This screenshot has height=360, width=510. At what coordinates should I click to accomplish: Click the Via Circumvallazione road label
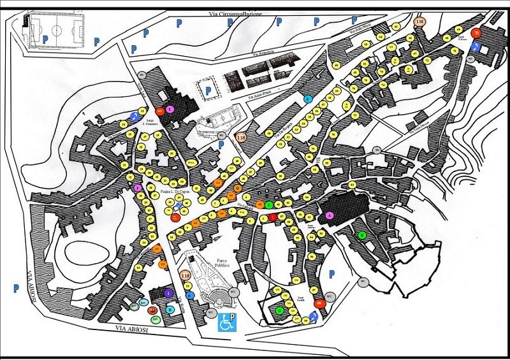pyautogui.click(x=235, y=13)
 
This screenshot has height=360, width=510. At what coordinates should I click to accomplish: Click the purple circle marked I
pyautogui.click(x=168, y=293)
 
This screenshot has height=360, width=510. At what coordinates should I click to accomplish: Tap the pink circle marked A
pyautogui.click(x=329, y=216)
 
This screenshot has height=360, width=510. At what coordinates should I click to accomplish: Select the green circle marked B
pyautogui.click(x=362, y=235)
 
